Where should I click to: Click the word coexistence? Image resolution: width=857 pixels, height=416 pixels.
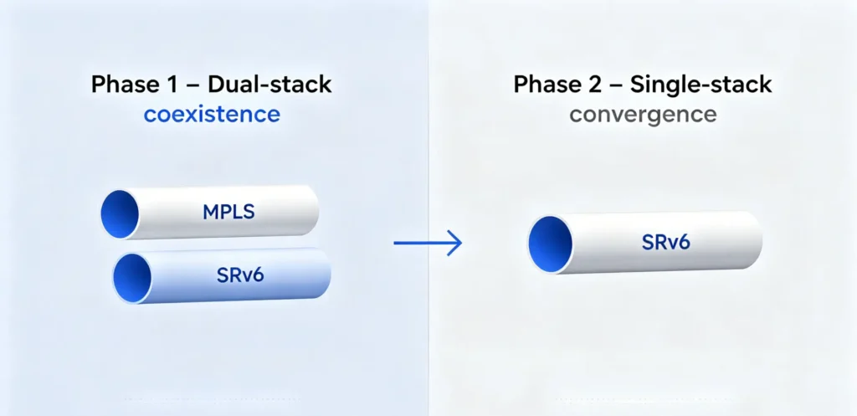tap(212, 115)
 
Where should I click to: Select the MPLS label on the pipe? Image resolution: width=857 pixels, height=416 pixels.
tap(228, 212)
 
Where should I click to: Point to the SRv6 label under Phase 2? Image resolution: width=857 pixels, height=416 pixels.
tap(665, 242)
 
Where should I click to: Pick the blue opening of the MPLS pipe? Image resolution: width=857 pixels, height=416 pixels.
tap(120, 214)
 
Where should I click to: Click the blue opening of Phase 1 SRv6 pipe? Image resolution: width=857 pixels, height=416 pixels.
tap(132, 277)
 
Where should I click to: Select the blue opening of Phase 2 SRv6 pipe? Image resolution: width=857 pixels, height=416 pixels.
tap(551, 244)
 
